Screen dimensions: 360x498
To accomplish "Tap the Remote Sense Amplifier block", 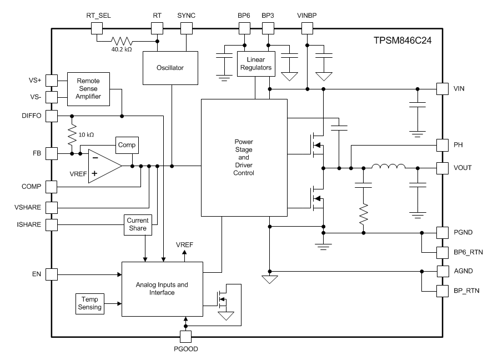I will [x=89, y=88].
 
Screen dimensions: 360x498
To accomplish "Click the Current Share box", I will [x=137, y=224].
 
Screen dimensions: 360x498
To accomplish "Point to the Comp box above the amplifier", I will [x=127, y=145].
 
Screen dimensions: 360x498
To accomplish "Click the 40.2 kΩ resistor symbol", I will [x=122, y=41].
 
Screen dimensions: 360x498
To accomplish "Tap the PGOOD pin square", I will [x=185, y=336].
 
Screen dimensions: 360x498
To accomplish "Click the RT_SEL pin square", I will [x=97, y=27].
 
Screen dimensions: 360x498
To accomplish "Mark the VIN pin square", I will [x=442, y=89].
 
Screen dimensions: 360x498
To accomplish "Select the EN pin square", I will [x=51, y=274].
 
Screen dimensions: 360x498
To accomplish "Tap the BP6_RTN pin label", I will [x=468, y=252].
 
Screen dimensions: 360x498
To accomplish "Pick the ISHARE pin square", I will [x=51, y=224].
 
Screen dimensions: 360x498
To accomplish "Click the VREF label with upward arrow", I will [x=185, y=244].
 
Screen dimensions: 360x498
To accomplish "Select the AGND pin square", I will [x=442, y=271].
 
